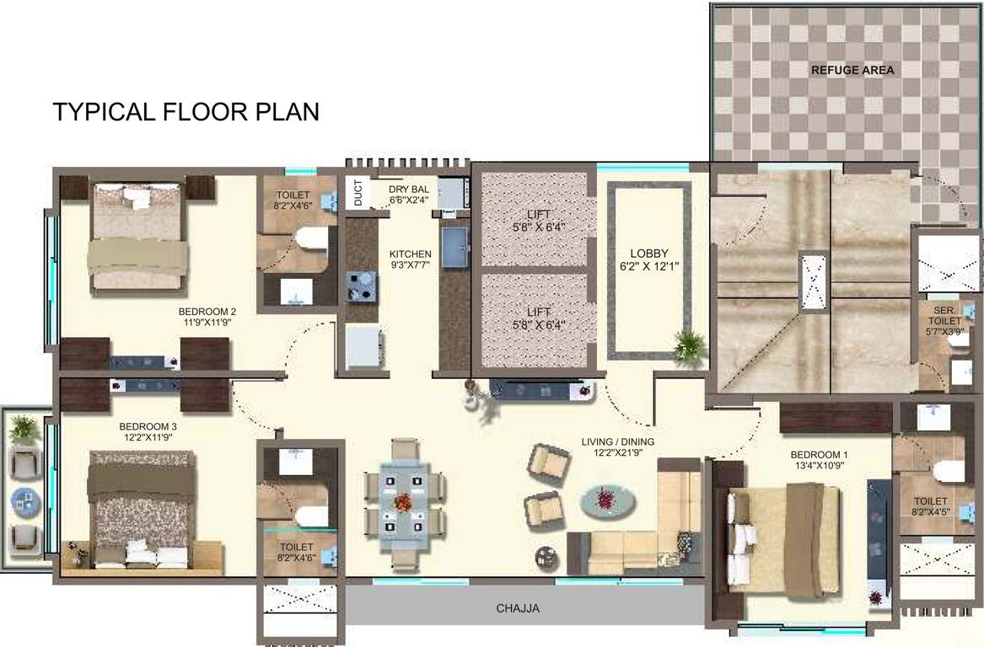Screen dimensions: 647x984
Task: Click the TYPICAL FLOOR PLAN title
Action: [186, 112]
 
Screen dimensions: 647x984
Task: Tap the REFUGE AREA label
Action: [852, 70]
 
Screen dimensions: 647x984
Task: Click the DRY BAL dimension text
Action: [409, 195]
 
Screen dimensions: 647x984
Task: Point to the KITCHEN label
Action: [410, 259]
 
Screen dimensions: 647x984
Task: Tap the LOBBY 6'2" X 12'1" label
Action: [649, 259]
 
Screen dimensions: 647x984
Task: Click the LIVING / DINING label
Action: [617, 447]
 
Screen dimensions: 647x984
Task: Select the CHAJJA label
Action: [517, 607]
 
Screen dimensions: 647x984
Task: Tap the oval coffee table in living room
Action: [607, 500]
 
